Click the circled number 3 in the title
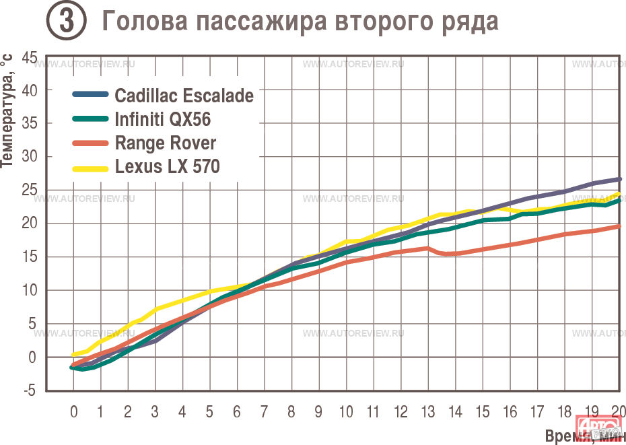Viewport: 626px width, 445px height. (x=65, y=22)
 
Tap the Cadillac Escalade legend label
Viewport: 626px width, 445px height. (x=184, y=96)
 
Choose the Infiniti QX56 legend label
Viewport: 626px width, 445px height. (x=162, y=120)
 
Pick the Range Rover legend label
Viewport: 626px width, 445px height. (x=166, y=143)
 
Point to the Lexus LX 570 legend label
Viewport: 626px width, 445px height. (x=167, y=166)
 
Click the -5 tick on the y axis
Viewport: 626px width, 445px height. (x=30, y=390)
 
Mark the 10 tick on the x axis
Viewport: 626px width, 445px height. (x=346, y=411)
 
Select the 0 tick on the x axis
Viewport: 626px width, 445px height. (x=73, y=411)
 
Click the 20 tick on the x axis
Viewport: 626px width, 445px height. (x=618, y=411)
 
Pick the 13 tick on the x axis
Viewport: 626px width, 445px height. (x=427, y=411)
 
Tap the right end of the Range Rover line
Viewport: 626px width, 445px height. (x=619, y=227)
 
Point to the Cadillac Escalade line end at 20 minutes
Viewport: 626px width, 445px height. (x=619, y=179)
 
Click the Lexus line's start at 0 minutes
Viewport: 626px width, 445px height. (x=73, y=354)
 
